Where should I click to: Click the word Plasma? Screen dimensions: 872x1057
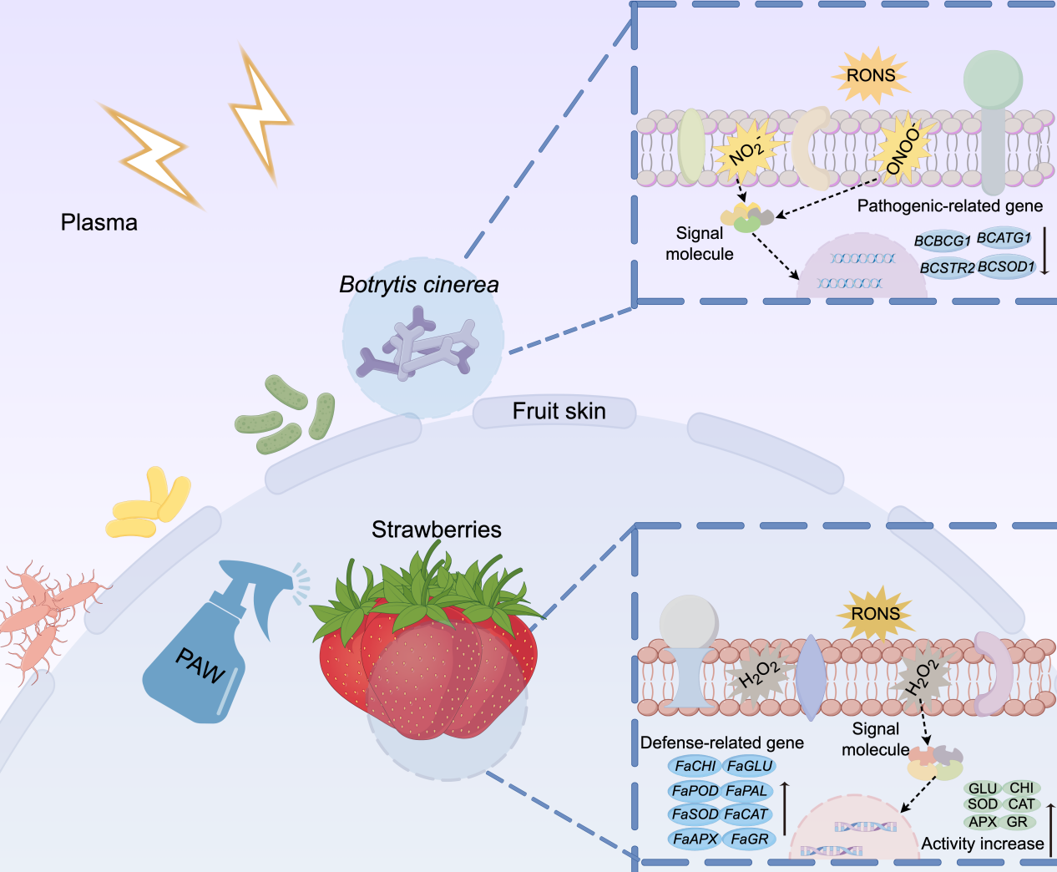coord(99,223)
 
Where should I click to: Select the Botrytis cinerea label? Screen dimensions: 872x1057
coord(418,285)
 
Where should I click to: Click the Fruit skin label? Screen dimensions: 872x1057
coord(559,411)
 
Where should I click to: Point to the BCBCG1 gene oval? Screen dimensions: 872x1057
coord(942,241)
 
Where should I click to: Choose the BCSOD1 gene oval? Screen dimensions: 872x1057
coord(1006,267)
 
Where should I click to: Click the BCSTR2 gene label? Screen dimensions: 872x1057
coord(947,268)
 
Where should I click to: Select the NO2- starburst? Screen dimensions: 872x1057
coord(746,151)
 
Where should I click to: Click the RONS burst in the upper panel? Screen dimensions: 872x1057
coord(870,75)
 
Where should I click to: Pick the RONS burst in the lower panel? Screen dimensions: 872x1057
coord(875,614)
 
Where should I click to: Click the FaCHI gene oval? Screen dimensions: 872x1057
coord(695,766)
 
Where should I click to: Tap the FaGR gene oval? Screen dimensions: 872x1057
coord(749,839)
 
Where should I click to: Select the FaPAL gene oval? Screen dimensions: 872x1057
coord(746,790)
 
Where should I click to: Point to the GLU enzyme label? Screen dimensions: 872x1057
coord(982,788)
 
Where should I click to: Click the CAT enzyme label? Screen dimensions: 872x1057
coord(1021,804)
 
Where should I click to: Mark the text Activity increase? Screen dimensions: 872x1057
coord(982,844)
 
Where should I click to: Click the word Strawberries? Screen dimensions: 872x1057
coord(436,530)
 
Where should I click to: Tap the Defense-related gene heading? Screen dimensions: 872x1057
coord(721,743)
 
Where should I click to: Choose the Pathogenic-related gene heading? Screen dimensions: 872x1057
coord(949,205)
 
